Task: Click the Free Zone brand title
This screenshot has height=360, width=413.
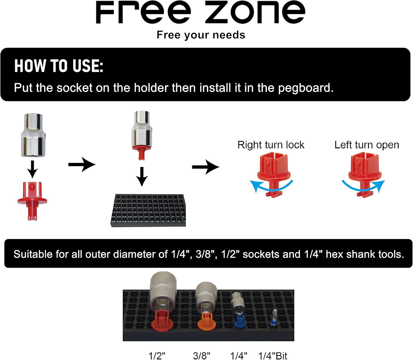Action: [200, 13]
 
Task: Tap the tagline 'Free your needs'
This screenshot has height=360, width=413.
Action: [201, 35]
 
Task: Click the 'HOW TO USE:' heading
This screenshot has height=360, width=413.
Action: [59, 66]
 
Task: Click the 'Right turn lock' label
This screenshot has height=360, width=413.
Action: [271, 145]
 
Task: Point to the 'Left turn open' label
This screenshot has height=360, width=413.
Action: [366, 145]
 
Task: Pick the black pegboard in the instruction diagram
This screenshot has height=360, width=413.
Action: [148, 211]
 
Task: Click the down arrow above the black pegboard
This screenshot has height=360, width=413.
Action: [142, 176]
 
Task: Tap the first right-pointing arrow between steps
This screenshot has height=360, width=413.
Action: [82, 165]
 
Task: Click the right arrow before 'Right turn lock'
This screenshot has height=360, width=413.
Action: [205, 167]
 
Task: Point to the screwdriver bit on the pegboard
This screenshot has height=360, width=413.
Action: [273, 318]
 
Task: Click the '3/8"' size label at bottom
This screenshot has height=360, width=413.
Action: [202, 356]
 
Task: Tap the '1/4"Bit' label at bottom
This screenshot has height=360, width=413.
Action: [273, 356]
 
